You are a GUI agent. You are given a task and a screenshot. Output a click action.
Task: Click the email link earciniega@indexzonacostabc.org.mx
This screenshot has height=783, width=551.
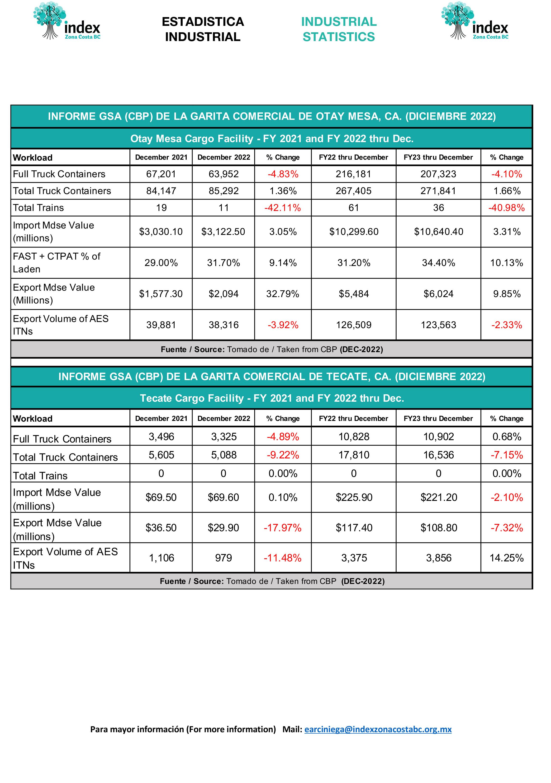[x=378, y=729]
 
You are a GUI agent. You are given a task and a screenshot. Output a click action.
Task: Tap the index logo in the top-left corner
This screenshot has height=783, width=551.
[x=67, y=21]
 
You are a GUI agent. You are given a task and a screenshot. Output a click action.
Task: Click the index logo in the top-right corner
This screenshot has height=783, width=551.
[x=475, y=21]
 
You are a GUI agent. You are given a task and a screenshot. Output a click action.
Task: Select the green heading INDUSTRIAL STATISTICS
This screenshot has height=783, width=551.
[x=339, y=29]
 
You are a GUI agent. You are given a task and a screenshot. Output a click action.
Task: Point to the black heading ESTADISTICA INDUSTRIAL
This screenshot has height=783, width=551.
[x=203, y=29]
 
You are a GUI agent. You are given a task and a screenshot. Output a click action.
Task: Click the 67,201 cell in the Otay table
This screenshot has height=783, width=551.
[x=161, y=174]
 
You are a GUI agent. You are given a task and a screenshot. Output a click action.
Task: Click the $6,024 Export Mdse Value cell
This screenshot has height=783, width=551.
[x=438, y=294]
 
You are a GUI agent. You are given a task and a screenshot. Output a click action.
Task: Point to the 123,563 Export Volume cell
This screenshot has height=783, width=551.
[x=438, y=325]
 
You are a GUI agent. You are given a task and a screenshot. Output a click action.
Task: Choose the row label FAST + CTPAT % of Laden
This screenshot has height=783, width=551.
[x=57, y=263]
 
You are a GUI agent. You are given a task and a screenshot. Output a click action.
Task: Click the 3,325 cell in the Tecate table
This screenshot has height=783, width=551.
[x=224, y=437]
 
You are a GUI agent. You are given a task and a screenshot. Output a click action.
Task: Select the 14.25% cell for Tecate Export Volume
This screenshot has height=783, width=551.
[x=507, y=558]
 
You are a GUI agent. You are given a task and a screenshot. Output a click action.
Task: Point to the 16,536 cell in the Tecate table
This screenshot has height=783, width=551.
[x=438, y=455]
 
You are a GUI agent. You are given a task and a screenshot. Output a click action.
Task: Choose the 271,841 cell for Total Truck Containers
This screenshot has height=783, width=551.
[x=438, y=191]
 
